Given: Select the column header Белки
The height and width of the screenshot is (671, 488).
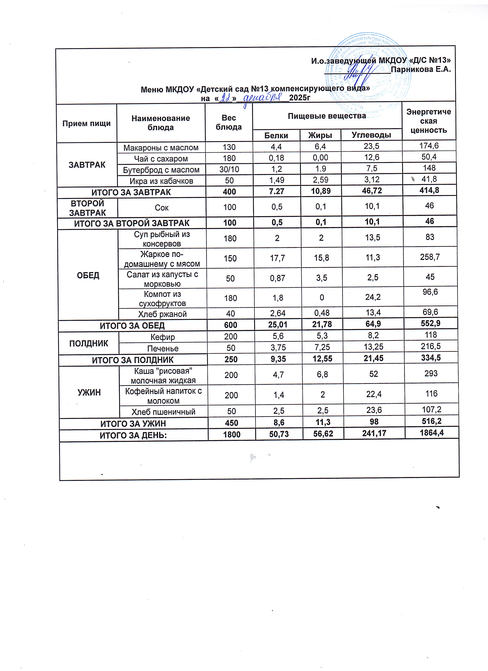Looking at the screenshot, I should (276, 135).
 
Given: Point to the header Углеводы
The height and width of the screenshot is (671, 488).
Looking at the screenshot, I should (371, 135).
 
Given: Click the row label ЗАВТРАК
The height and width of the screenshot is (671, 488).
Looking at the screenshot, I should (87, 165).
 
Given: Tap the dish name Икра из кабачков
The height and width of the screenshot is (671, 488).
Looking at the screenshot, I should (161, 181).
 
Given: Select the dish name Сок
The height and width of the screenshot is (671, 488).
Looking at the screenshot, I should (162, 208).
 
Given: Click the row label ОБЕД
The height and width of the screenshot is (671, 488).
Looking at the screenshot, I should (88, 275).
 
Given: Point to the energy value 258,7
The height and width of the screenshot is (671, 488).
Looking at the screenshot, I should (430, 257).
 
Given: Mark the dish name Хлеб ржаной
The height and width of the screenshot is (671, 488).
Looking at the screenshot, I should (162, 314).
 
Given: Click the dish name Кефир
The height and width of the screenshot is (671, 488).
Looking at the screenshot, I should (163, 337).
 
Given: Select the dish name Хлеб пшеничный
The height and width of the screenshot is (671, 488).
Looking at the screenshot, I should (163, 412).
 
